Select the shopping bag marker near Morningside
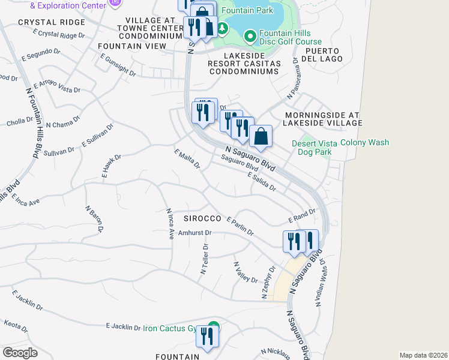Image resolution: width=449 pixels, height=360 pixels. coord(261,136)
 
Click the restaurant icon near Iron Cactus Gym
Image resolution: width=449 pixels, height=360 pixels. coord(207,337)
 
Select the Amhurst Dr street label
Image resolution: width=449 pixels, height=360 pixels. coord(196,233)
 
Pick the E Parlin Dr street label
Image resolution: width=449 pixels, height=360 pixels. coord(240,226)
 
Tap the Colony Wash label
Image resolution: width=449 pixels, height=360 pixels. coord(364,143)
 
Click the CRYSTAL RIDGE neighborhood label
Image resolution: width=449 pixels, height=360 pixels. coord(51,22)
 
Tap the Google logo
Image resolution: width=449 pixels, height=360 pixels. coord(20,352)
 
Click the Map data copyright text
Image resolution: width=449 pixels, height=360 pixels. coord(423,355)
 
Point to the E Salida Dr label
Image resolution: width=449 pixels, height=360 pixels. coord(261,181)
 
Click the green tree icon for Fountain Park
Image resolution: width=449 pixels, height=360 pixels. coord(223,28)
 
